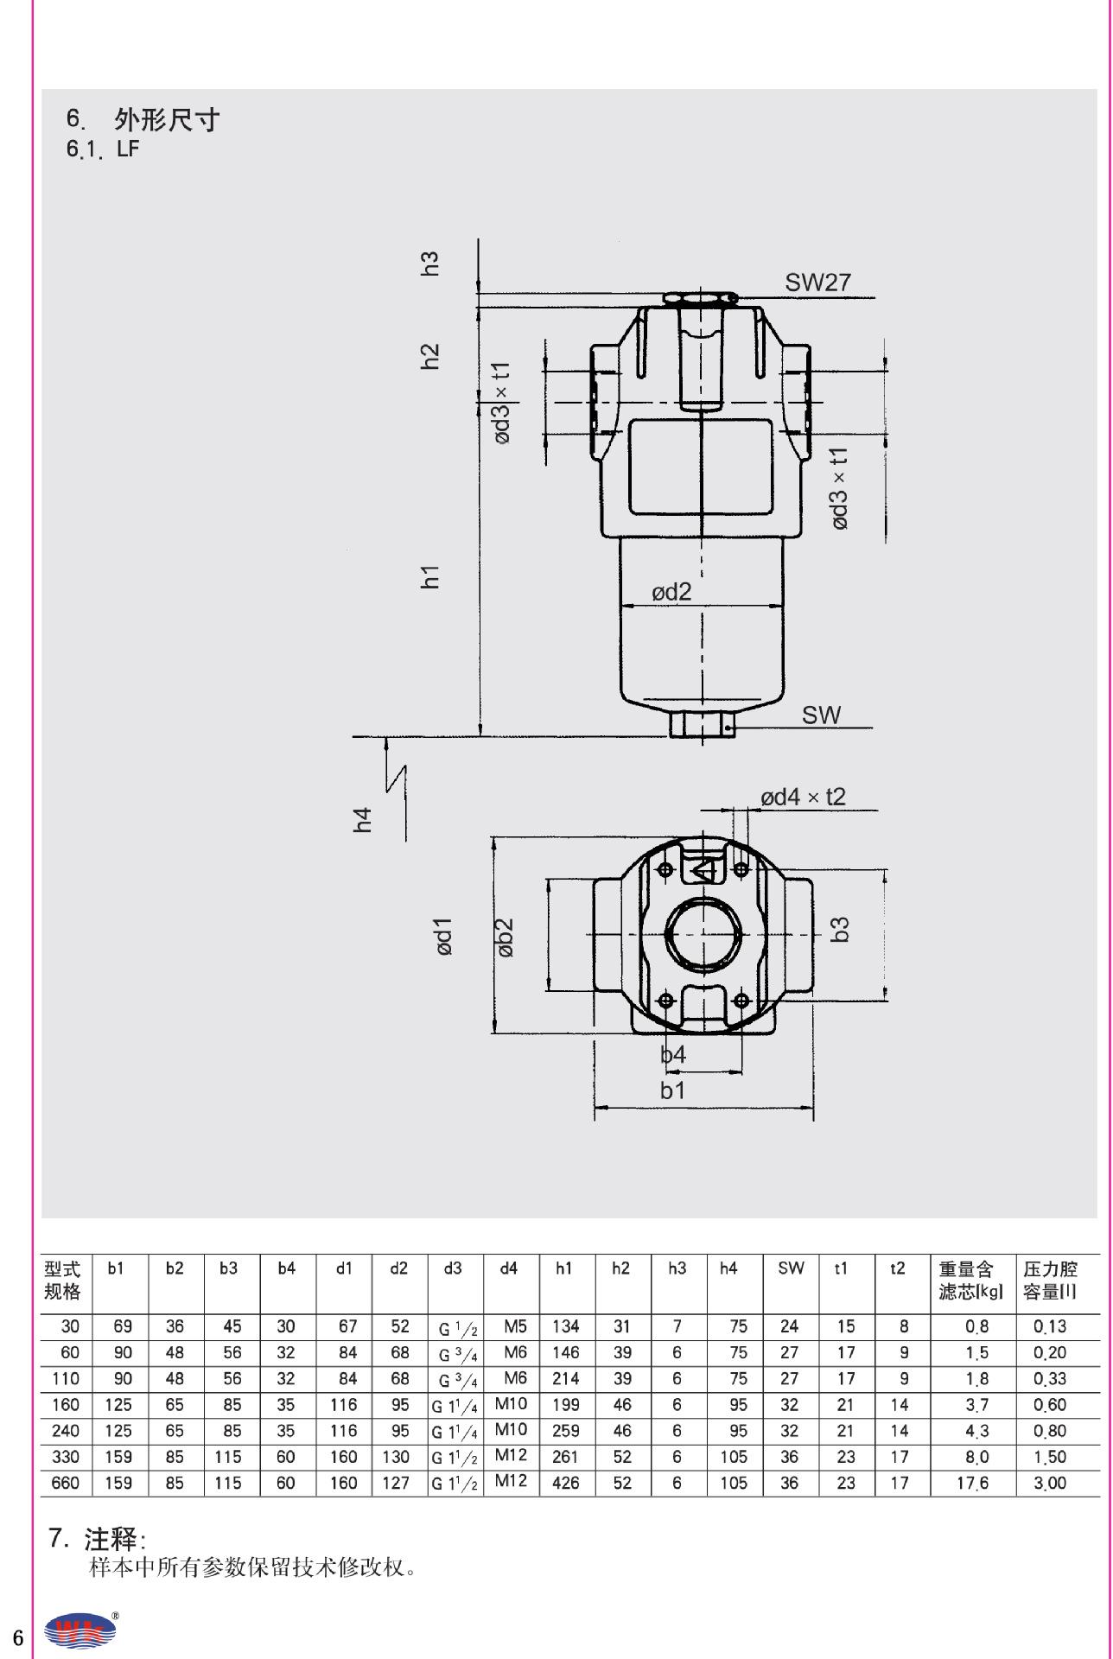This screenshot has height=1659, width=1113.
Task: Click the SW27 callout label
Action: pos(817,283)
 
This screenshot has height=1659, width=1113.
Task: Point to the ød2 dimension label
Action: pos(671,592)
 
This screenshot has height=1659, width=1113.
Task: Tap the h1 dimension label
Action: pos(430,577)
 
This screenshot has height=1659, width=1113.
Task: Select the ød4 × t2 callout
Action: pos(803,797)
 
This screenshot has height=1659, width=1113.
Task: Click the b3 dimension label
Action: pos(840,929)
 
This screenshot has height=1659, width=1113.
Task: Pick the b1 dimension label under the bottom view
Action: pos(672,1090)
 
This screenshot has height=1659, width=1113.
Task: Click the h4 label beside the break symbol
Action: pos(363,819)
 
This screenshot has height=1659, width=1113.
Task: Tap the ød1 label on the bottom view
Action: pos(444,937)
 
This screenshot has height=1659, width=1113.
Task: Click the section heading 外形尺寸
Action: pos(167,119)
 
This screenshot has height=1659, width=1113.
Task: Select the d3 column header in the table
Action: pos(452,1268)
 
